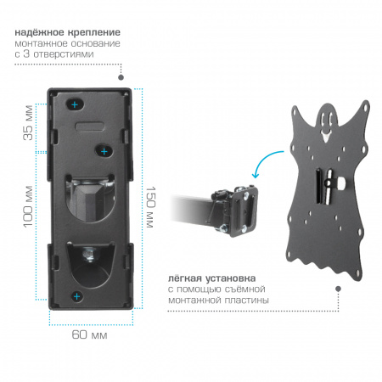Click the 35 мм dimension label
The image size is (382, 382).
click(28, 123)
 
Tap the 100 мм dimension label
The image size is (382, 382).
click(28, 206)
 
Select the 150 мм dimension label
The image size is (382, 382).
click(150, 207)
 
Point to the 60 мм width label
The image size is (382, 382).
click(89, 334)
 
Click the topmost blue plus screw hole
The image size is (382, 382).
click(75, 104)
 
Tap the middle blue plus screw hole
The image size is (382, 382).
click(104, 151)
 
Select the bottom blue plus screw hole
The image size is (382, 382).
click(76, 296)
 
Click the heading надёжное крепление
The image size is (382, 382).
click(68, 32)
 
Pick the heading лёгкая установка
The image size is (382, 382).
click(212, 278)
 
